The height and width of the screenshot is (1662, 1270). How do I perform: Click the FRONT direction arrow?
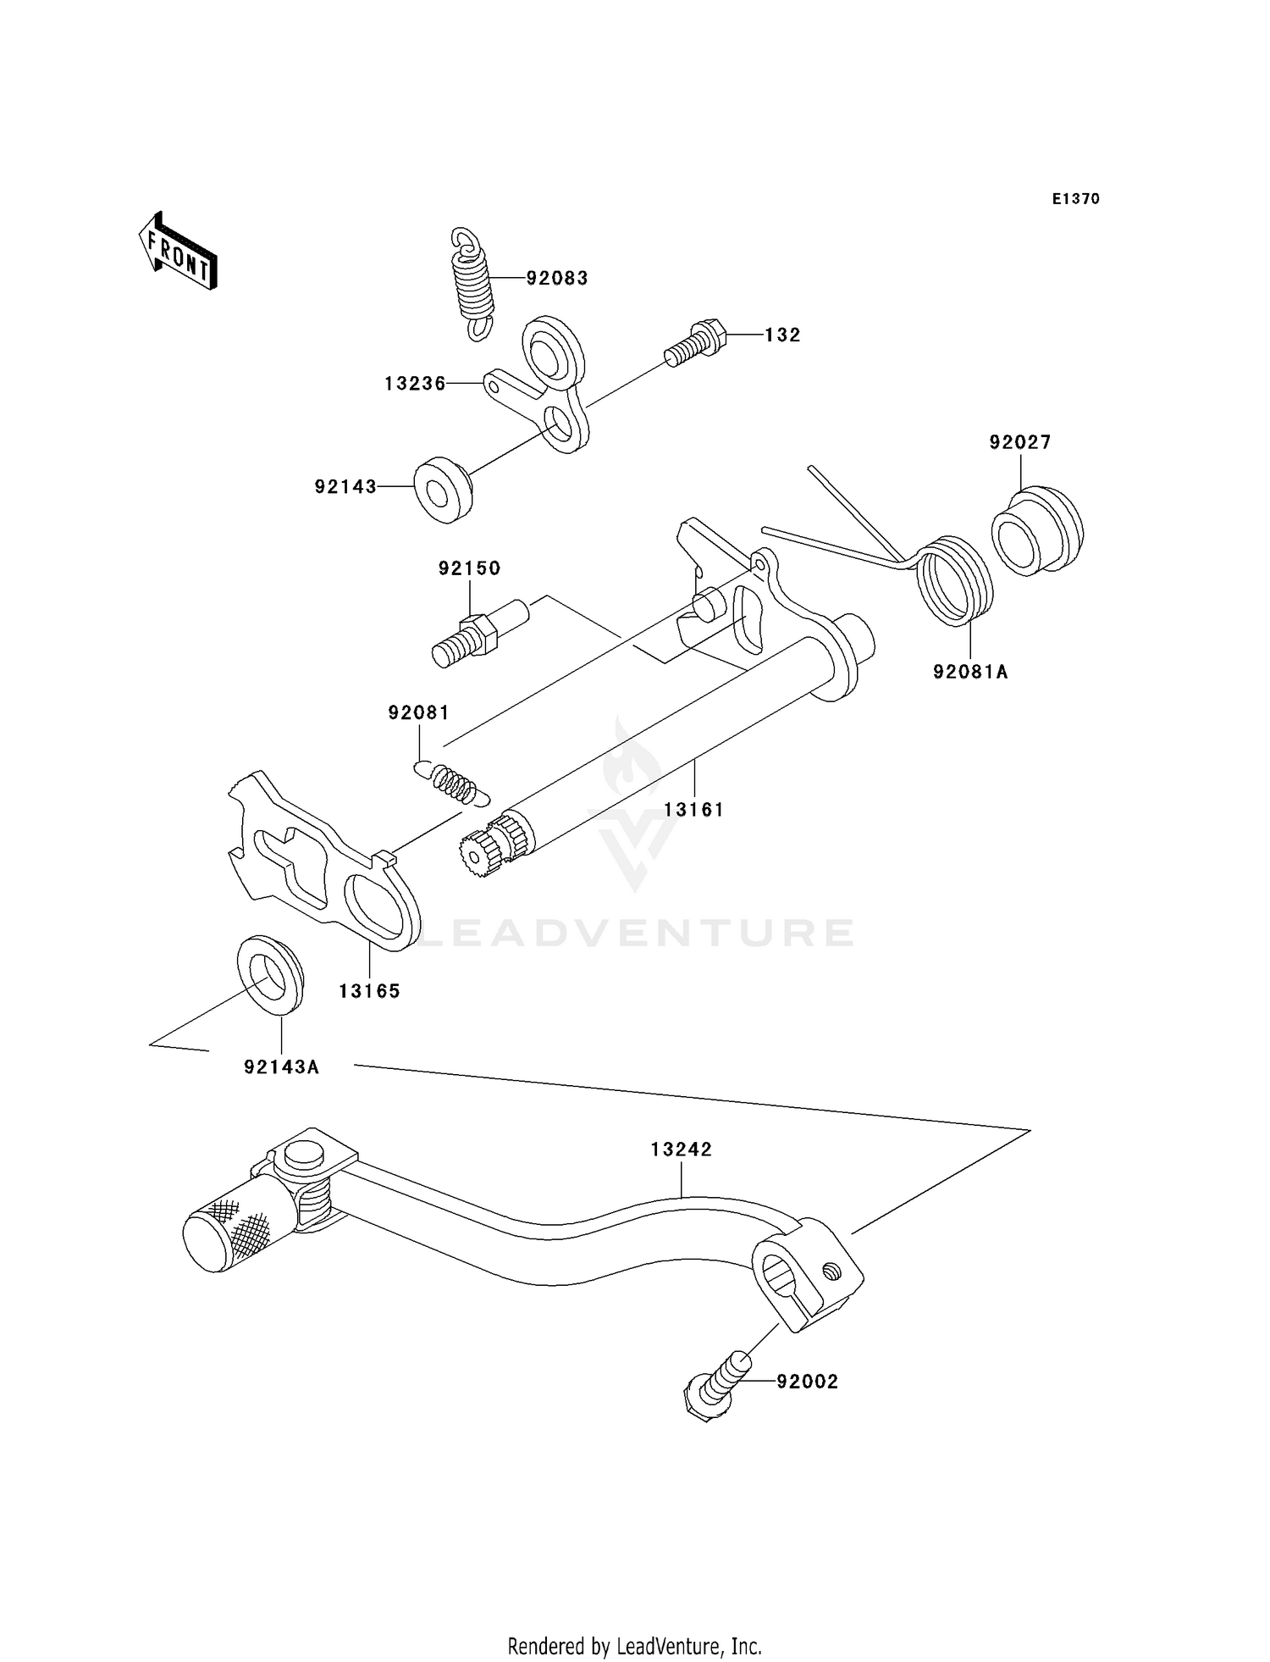point(178,252)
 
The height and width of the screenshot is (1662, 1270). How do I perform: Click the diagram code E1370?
point(1075,199)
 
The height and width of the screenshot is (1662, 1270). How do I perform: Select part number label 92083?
point(556,279)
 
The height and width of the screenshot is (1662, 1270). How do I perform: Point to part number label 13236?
point(415,384)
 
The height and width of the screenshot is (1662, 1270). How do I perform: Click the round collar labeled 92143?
point(442,490)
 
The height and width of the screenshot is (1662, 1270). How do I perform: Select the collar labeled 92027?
point(1036,531)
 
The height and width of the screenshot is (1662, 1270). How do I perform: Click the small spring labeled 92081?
point(454,783)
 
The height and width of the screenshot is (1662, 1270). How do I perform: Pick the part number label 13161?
point(693,810)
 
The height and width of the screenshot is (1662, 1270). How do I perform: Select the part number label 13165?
point(369,991)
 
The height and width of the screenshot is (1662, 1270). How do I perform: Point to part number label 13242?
point(681,1150)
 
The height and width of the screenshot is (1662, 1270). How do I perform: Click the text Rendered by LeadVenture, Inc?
point(634,1646)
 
